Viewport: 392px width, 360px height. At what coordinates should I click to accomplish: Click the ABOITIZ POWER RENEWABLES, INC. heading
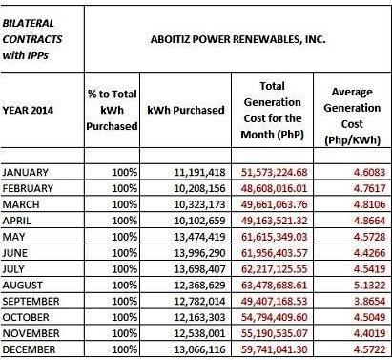[x=237, y=39]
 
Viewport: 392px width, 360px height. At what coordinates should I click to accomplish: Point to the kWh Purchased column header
[x=186, y=110]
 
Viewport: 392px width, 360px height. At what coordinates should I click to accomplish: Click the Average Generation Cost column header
[x=352, y=116]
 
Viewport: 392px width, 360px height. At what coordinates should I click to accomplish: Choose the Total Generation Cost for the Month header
[x=273, y=110]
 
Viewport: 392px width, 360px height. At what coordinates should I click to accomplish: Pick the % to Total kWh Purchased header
[x=112, y=110]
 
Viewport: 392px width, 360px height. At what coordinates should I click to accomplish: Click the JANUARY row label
[x=26, y=172]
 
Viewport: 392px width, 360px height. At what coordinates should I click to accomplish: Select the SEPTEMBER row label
[x=31, y=301]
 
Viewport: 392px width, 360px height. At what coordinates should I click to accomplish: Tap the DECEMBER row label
[x=29, y=349]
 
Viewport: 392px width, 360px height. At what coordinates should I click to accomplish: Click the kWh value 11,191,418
[x=199, y=173]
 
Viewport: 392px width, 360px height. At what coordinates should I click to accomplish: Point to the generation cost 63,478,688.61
[x=274, y=286]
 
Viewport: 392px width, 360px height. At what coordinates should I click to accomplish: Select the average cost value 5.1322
[x=369, y=286]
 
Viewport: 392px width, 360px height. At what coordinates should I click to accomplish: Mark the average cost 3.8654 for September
[x=369, y=301]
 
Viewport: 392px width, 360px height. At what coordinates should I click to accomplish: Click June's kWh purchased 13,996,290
[x=199, y=253]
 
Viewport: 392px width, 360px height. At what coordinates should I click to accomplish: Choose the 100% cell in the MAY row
[x=125, y=237]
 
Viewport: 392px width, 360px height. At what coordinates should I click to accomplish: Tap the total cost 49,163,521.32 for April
[x=274, y=221]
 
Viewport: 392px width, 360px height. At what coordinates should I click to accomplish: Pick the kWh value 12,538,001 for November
[x=199, y=333]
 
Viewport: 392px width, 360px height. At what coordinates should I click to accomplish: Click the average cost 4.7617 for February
[x=369, y=188]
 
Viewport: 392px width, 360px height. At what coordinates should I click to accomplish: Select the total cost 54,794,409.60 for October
[x=274, y=317]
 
